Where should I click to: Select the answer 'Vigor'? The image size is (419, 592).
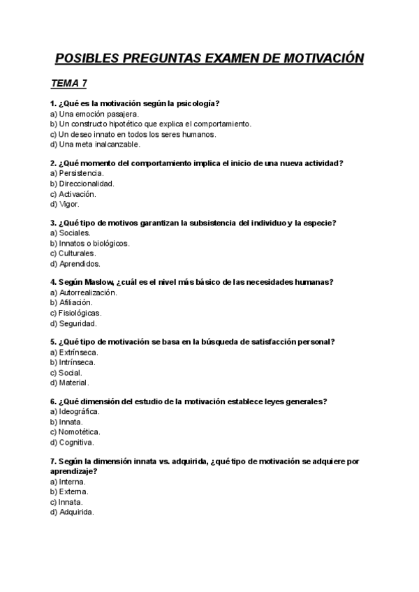coord(69,205)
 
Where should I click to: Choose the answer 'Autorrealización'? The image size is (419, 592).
coord(87,293)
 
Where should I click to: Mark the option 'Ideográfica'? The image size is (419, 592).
coord(79,412)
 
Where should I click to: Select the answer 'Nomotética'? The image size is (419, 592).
coord(79,432)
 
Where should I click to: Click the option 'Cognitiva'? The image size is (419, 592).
coord(76,443)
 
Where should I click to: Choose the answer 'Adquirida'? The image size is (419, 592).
coord(76,512)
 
